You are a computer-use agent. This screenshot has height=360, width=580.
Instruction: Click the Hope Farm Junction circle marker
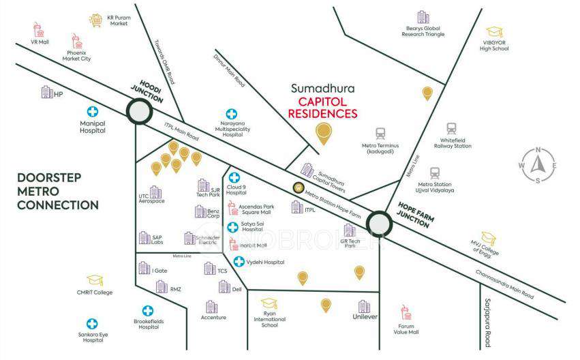(x=378, y=223)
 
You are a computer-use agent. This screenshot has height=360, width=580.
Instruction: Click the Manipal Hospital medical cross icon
(x=92, y=112)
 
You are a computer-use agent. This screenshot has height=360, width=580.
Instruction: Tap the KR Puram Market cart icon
(x=96, y=20)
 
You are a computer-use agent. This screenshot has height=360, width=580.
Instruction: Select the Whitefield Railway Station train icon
(x=452, y=129)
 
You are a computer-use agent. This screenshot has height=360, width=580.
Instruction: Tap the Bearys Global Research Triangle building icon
(x=423, y=17)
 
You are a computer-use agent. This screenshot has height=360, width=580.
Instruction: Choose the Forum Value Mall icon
(x=408, y=314)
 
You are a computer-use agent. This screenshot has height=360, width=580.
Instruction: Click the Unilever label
(x=365, y=318)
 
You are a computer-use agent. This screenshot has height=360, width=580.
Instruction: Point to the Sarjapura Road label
(x=487, y=322)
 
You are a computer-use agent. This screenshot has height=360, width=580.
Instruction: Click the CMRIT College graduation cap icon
(x=94, y=280)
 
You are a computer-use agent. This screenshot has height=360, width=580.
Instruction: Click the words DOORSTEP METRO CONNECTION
(x=58, y=191)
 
